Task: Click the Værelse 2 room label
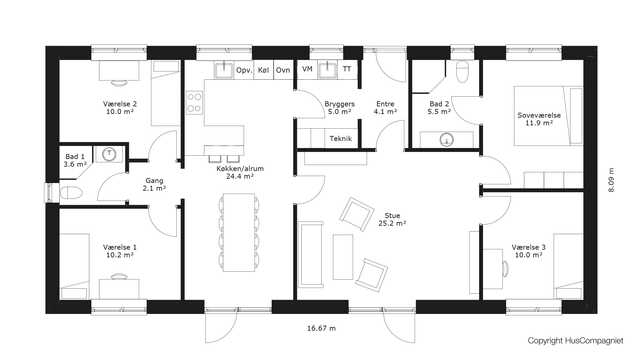point(120,108)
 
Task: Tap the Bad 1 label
point(75,160)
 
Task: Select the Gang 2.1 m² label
point(154,184)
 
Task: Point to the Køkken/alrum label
point(240,172)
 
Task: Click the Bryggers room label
point(340,108)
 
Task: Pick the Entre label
point(385,108)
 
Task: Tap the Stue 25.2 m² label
point(392,219)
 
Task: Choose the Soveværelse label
point(539,119)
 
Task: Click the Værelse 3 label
point(528,251)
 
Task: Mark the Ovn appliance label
point(283,70)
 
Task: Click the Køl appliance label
point(263,70)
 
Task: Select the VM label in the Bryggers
point(307,69)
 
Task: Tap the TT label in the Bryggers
point(347,69)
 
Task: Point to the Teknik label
point(340,139)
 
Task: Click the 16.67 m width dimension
point(322,328)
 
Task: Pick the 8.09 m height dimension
point(611,180)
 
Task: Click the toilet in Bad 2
point(462,71)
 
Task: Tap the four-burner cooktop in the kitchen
point(194,102)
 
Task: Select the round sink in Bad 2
point(447,140)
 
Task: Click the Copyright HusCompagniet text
point(576,340)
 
